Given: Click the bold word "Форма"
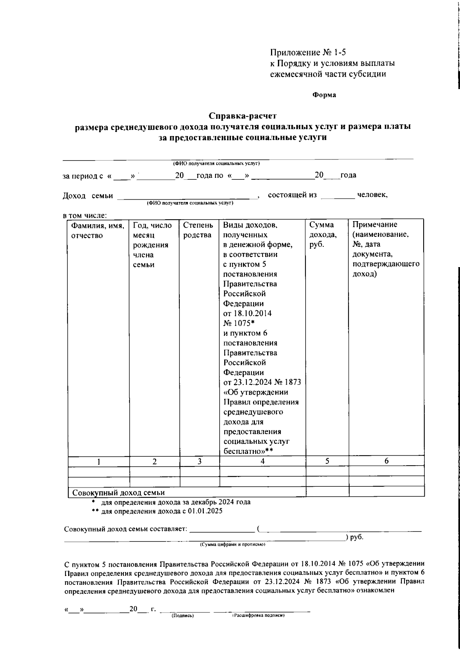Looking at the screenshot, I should [x=324, y=95].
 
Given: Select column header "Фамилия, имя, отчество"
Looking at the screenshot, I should [x=98, y=230].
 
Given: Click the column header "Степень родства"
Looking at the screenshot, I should [x=198, y=230].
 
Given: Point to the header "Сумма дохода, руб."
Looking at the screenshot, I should [x=323, y=235].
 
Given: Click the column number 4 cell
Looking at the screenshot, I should [x=262, y=461].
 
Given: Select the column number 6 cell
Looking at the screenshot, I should [x=386, y=461].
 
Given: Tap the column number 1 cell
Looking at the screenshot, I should [x=99, y=462].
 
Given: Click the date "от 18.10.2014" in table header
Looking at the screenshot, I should [x=247, y=314].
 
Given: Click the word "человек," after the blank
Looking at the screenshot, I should [x=372, y=195].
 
